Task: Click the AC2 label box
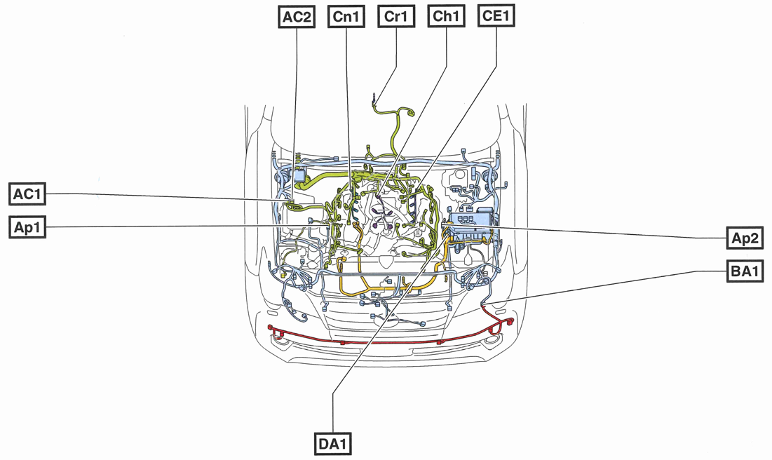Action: pyautogui.click(x=297, y=17)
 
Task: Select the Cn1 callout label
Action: pyautogui.click(x=346, y=17)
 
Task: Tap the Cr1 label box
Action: pyautogui.click(x=396, y=17)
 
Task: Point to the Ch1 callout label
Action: pyautogui.click(x=446, y=17)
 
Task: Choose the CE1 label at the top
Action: pyautogui.click(x=496, y=17)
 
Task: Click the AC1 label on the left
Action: pyautogui.click(x=28, y=194)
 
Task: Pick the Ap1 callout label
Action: pyautogui.click(x=28, y=227)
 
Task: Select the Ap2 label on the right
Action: pyautogui.click(x=745, y=238)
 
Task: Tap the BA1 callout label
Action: pyautogui.click(x=745, y=271)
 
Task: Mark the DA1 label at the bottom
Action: pyautogui.click(x=332, y=443)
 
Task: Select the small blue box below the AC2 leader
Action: pyautogui.click(x=301, y=174)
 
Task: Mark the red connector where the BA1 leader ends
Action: pyautogui.click(x=484, y=306)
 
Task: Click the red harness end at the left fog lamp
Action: pyautogui.click(x=276, y=331)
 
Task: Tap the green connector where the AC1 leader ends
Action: pyautogui.click(x=293, y=204)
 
